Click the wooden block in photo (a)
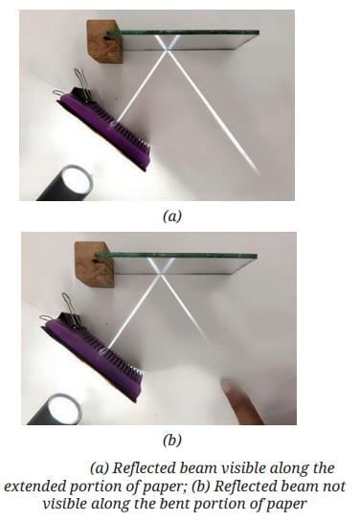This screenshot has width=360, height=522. point(104,41)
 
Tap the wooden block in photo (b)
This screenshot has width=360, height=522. point(94,264)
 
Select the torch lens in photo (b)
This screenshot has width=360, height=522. point(65,408)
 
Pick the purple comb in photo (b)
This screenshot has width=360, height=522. point(95,356)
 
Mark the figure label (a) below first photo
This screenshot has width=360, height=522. point(172,216)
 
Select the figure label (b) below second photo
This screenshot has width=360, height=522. point(172,441)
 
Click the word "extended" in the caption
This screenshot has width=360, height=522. point(34,487)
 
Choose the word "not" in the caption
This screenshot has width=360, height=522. point(334,487)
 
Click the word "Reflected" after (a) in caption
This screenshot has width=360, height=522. point(145,468)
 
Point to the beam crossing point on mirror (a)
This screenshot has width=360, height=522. point(168,50)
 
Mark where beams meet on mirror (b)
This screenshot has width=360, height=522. point(162,274)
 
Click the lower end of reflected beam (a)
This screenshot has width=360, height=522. point(259,172)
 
